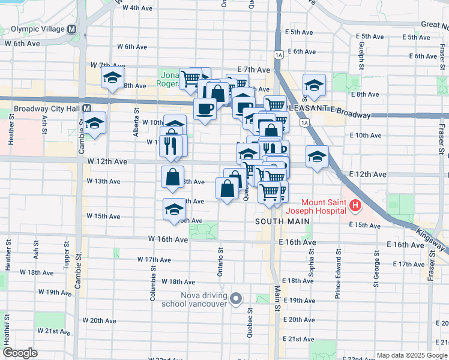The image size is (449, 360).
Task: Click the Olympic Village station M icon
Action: [x=72, y=29]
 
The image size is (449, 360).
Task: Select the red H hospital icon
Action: [x=356, y=206]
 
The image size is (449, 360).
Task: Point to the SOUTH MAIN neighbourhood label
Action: [x=277, y=221]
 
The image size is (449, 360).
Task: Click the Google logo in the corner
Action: [x=20, y=353]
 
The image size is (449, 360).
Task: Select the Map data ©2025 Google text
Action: [x=411, y=355]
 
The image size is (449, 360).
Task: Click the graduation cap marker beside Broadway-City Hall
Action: [x=94, y=124]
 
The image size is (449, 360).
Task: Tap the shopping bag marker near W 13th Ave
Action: [x=173, y=178]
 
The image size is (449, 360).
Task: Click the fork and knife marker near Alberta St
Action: [x=171, y=145]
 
